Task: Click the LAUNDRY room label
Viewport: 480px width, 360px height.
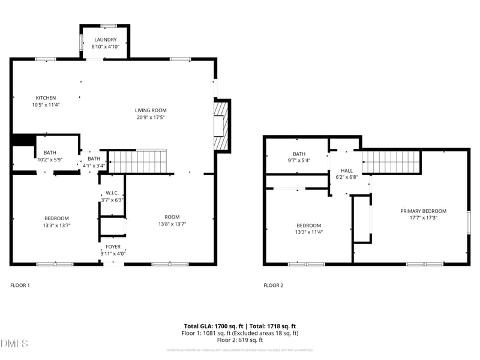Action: [105, 40]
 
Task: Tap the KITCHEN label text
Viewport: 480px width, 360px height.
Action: [46, 98]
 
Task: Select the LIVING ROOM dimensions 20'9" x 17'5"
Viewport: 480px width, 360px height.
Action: [150, 118]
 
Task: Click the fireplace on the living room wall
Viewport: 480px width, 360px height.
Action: [221, 125]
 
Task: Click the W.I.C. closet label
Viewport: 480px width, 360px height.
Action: [112, 193]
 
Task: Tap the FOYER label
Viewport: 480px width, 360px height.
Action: [113, 247]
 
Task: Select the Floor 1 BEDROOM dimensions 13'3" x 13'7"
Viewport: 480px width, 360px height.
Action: [56, 225]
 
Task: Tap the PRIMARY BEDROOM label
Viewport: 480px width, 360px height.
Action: [424, 211]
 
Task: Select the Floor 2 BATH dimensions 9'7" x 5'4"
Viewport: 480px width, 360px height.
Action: [299, 161]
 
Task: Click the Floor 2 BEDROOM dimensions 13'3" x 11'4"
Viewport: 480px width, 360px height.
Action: [308, 232]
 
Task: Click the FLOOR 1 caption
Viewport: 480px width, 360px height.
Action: [20, 286]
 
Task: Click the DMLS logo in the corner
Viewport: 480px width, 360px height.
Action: [14, 344]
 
